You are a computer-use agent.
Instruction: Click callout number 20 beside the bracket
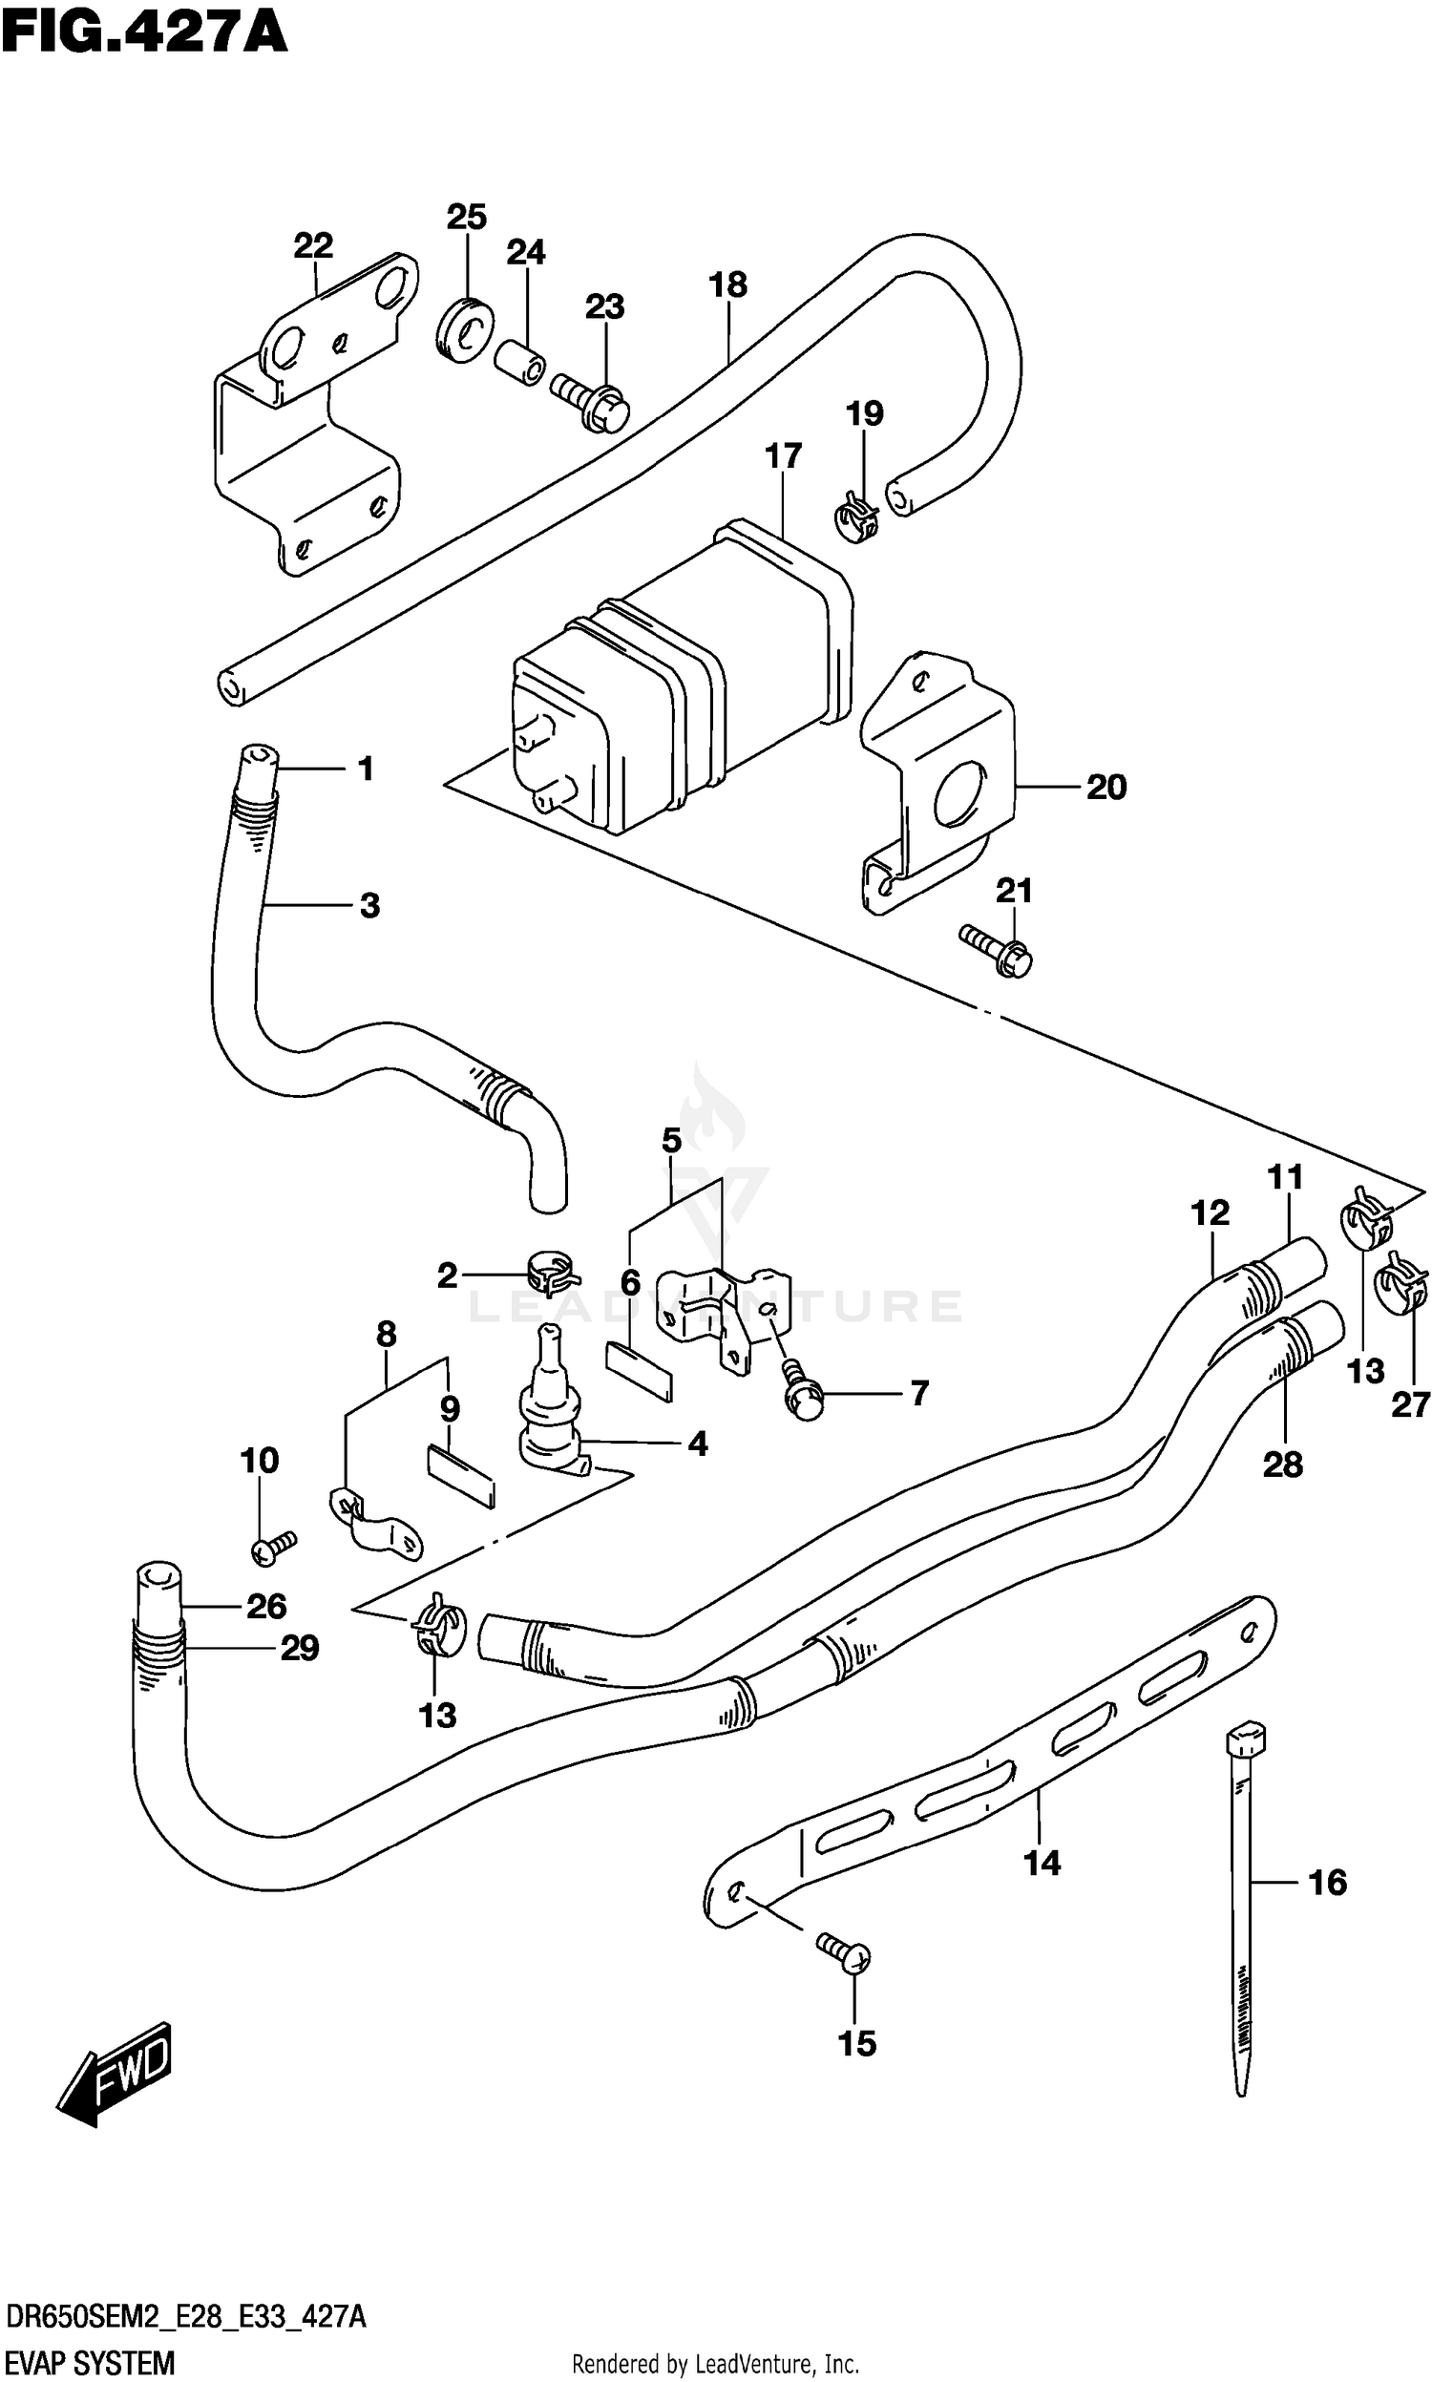click(x=1106, y=788)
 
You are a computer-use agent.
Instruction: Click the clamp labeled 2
click(x=553, y=1274)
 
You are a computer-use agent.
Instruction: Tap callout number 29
click(x=299, y=1648)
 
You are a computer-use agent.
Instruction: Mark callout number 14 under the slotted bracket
click(x=1042, y=1862)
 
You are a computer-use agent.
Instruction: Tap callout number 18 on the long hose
click(x=727, y=285)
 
